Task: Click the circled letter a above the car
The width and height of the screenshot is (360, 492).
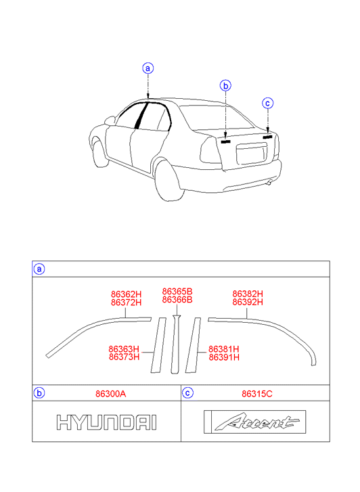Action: tap(148, 68)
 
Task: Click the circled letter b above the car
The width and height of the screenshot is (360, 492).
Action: tap(225, 85)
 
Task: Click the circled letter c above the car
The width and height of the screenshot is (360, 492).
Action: tap(268, 103)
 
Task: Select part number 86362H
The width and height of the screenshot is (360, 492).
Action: tap(126, 294)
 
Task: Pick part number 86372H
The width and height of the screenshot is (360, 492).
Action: tap(126, 303)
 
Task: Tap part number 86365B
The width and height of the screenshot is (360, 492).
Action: tap(177, 292)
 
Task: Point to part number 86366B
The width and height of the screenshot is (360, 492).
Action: tap(177, 300)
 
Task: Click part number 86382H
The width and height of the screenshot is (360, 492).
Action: tap(248, 294)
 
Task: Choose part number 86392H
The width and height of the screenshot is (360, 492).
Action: tap(248, 302)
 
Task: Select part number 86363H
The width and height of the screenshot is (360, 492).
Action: tap(124, 349)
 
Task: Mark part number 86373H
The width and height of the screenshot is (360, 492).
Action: tap(124, 357)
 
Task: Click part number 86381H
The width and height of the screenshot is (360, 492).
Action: tap(224, 349)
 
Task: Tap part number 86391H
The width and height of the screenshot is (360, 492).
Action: tap(224, 357)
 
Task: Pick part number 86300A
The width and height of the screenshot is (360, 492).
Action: tap(111, 394)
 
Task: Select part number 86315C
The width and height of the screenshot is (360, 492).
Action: tap(257, 394)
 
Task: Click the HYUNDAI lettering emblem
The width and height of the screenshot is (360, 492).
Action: tap(106, 422)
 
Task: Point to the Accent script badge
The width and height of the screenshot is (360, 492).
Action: tap(255, 422)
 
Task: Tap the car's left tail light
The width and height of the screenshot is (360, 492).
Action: tap(210, 151)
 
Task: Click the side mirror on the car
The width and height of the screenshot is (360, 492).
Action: tap(110, 120)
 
